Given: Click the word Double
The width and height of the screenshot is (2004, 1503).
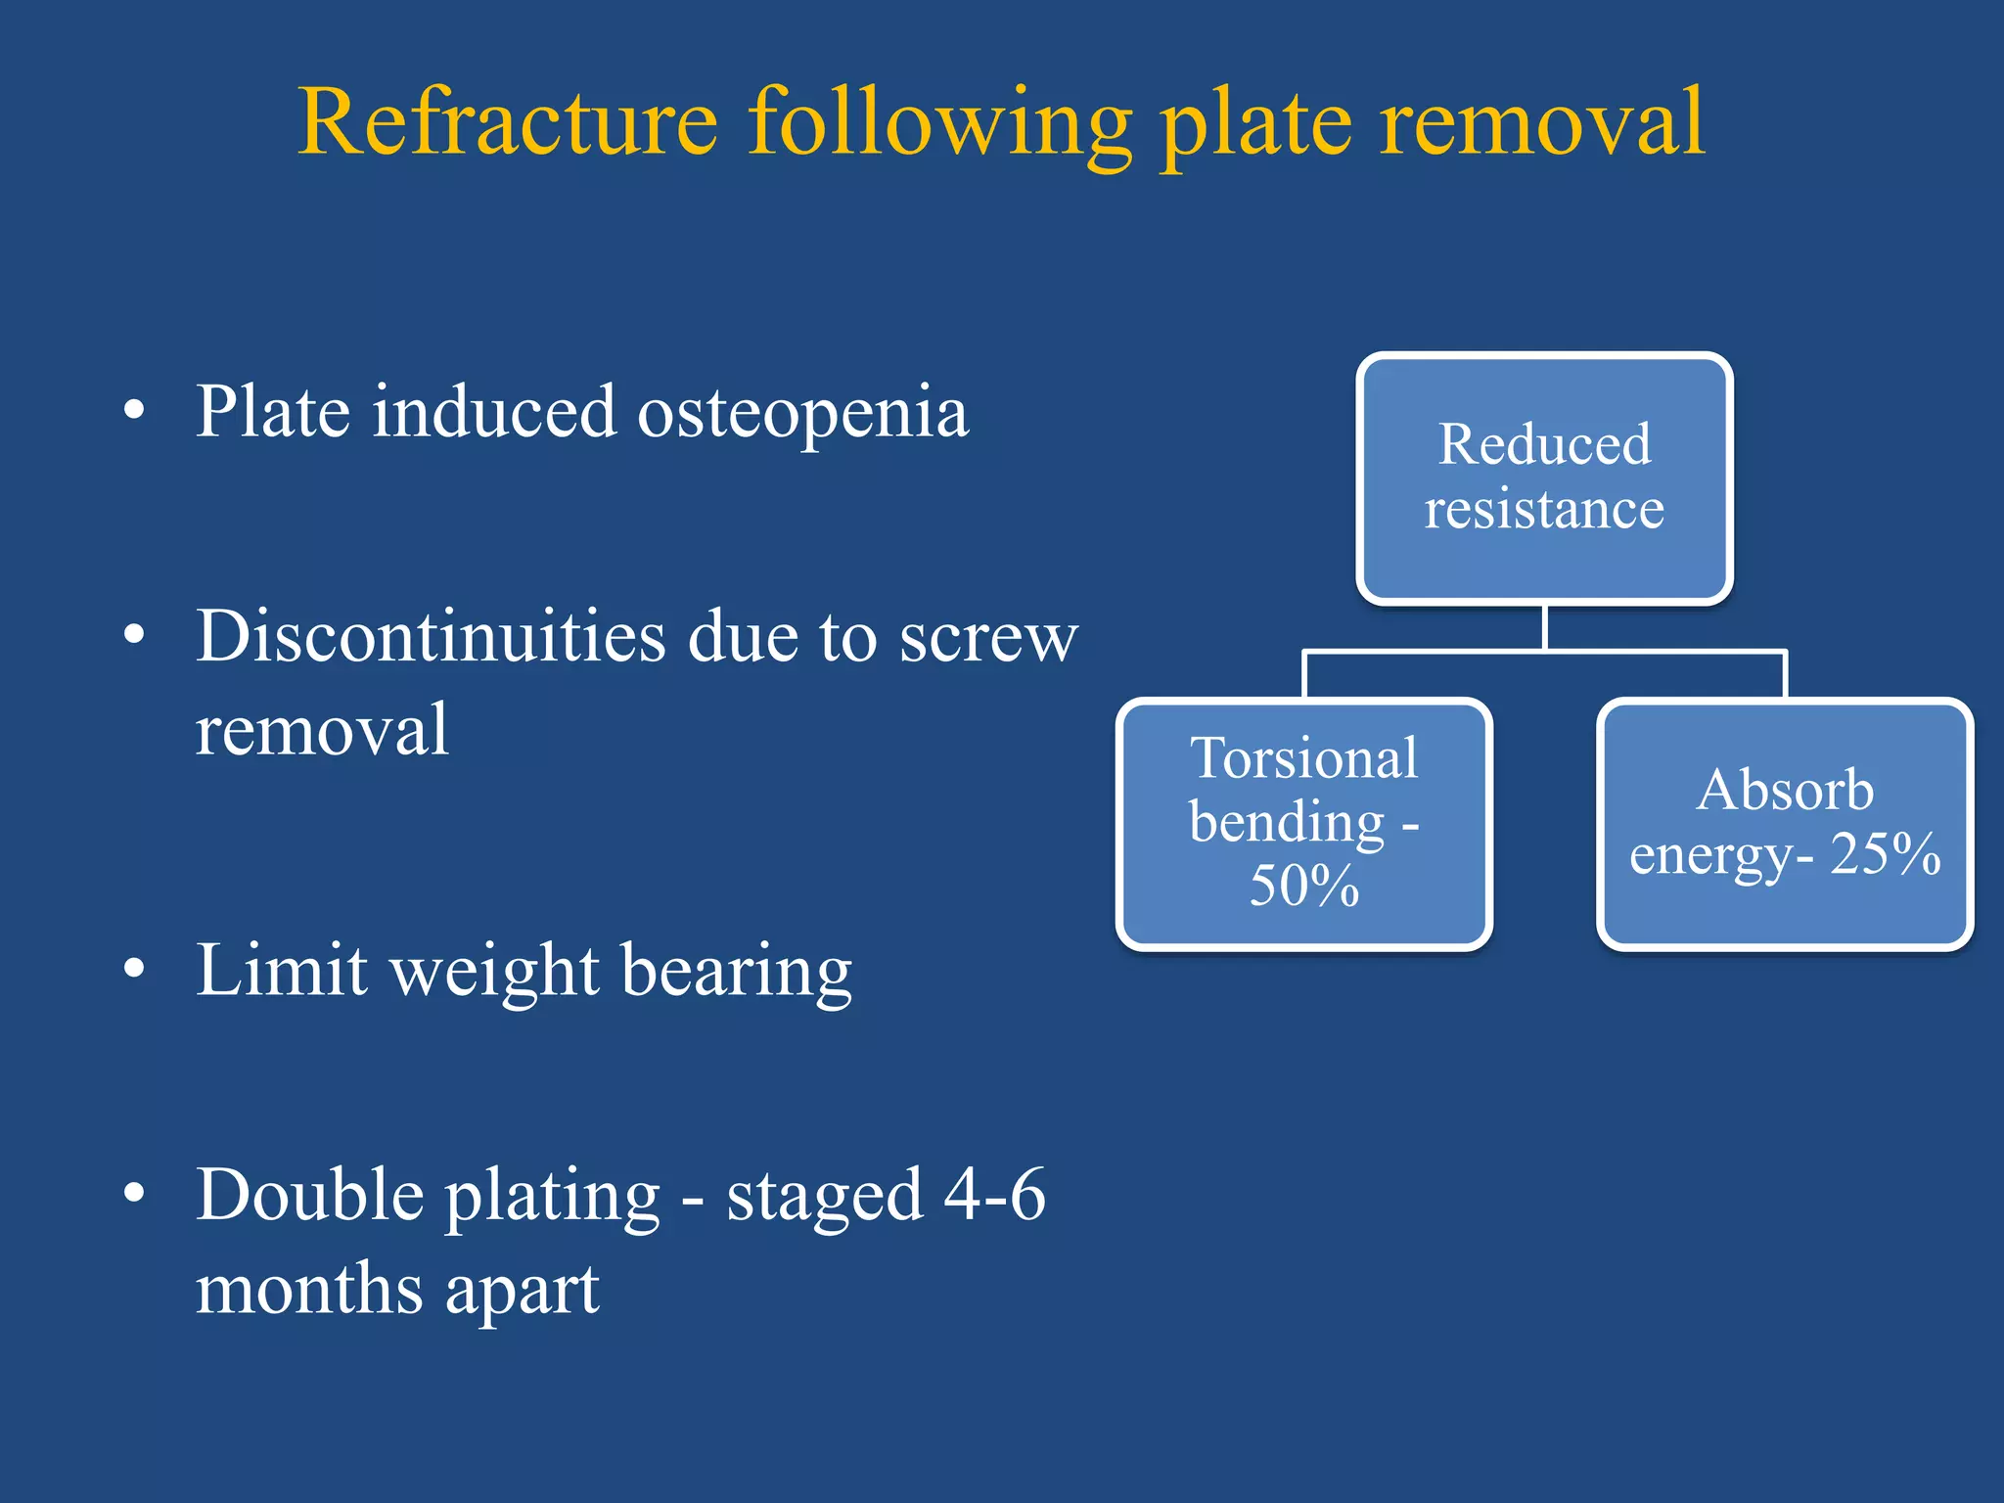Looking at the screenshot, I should point(309,1196).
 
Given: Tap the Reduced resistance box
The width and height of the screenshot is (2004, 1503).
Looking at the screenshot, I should point(1544,478).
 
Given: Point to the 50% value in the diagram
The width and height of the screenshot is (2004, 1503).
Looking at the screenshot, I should point(1304,886).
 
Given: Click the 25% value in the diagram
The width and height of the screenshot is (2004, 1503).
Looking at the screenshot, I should point(1885,854).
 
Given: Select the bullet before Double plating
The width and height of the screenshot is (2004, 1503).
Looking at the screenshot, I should point(135,1193).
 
